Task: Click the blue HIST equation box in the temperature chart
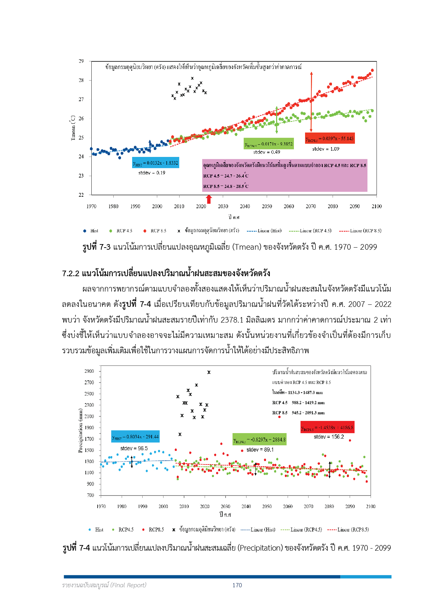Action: coord(155,163)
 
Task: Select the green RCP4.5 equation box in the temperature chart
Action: coord(268,144)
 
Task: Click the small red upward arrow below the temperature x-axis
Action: coord(209,199)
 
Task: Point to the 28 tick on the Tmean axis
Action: coord(81,80)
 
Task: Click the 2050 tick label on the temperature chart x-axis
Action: coord(267,206)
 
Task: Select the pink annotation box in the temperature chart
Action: coord(284,175)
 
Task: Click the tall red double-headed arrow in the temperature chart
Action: coord(311,101)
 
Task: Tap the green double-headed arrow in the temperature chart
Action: coord(276,120)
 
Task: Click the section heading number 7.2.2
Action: coord(71,273)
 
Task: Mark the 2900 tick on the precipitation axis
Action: coord(89,371)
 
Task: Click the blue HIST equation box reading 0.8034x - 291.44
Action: coord(135,437)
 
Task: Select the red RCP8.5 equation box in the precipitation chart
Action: coord(327,428)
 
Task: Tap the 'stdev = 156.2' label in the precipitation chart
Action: coord(328,437)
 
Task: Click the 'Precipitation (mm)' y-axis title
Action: coord(81,431)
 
